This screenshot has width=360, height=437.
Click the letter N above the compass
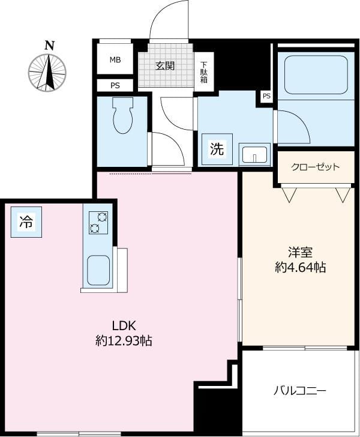click(x=49, y=45)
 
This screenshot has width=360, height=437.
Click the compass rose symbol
click(x=47, y=73)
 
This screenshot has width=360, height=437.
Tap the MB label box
click(x=115, y=60)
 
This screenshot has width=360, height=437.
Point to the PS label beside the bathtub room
click(x=266, y=96)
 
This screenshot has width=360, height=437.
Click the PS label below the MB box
click(x=115, y=86)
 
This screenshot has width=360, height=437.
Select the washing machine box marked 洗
click(x=217, y=149)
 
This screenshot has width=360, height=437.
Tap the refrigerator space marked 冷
click(x=26, y=222)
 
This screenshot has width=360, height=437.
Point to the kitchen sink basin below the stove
click(x=98, y=270)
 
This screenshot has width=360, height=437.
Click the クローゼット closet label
click(x=316, y=167)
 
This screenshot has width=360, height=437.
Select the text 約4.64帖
click(x=300, y=268)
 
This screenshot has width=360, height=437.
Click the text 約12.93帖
click(x=124, y=341)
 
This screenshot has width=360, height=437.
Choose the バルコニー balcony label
click(x=299, y=391)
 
